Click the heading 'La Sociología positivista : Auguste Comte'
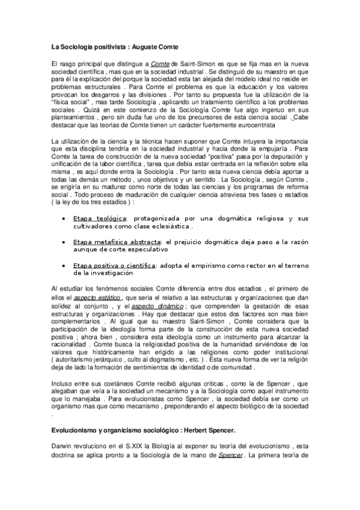pyautogui.click(x=113, y=47)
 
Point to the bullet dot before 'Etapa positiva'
pyautogui.click(x=64, y=266)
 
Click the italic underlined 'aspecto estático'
pyautogui.click(x=97, y=298)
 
